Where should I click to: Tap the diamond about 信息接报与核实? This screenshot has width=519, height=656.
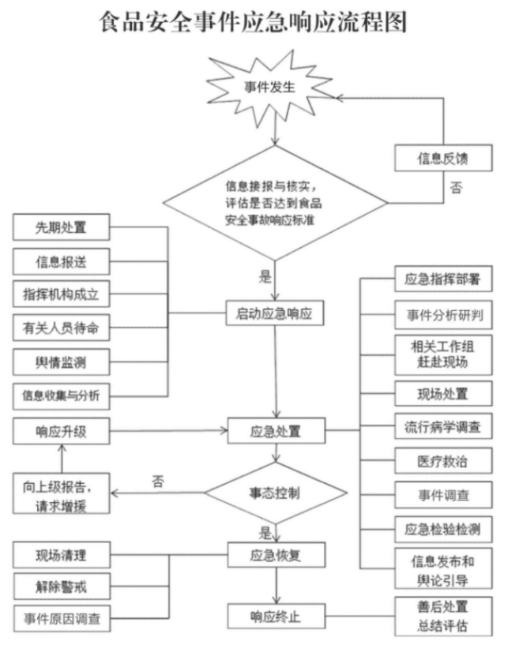click(x=274, y=204)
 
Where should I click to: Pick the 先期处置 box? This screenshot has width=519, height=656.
click(x=60, y=228)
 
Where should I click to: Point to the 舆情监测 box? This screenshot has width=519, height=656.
click(x=60, y=362)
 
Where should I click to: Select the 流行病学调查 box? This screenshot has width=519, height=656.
click(x=443, y=427)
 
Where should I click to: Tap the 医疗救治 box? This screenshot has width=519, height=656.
click(x=443, y=461)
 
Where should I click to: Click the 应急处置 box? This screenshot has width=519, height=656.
click(x=274, y=432)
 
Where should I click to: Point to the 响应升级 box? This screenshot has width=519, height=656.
click(x=60, y=432)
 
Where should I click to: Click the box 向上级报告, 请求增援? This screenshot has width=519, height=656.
click(x=60, y=493)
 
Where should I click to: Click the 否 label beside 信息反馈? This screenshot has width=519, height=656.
click(x=456, y=189)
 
